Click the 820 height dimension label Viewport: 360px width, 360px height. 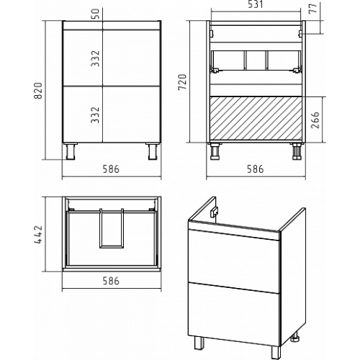click(x=38, y=91)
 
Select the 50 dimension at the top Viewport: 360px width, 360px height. click(x=95, y=14)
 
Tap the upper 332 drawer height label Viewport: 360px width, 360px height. click(x=95, y=58)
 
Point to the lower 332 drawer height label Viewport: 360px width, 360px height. click(x=95, y=114)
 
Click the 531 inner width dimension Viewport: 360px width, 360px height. click(x=256, y=4)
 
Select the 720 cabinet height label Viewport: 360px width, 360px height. click(x=182, y=82)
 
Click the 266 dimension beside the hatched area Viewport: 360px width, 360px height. click(x=315, y=120)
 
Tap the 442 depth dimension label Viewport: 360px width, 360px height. click(x=38, y=235)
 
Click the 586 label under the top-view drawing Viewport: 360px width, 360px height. click(x=111, y=281)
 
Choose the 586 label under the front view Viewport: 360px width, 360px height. click(x=111, y=169)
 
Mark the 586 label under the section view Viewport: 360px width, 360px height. click(x=256, y=169)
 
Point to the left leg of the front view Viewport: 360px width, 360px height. click(x=71, y=151)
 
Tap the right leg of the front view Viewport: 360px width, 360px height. click(x=153, y=151)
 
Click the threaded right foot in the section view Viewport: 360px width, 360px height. click(x=297, y=151)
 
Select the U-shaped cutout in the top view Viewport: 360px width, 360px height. click(x=112, y=228)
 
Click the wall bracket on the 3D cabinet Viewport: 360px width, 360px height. click(x=214, y=212)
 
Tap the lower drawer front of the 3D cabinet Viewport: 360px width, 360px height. click(x=234, y=314)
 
